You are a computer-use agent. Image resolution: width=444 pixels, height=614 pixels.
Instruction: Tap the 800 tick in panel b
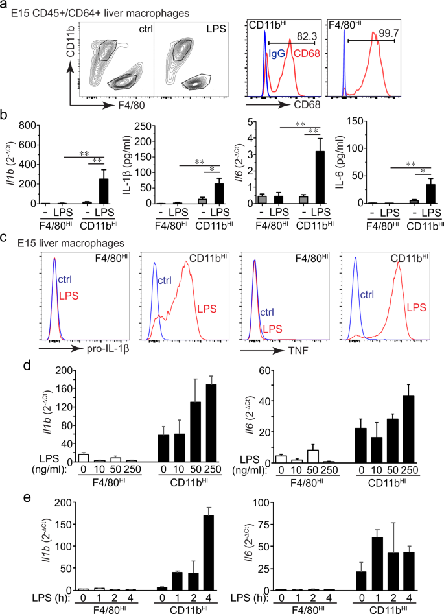click(x=25, y=123)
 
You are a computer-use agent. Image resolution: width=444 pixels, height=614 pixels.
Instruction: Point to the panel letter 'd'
click(x=6, y=364)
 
